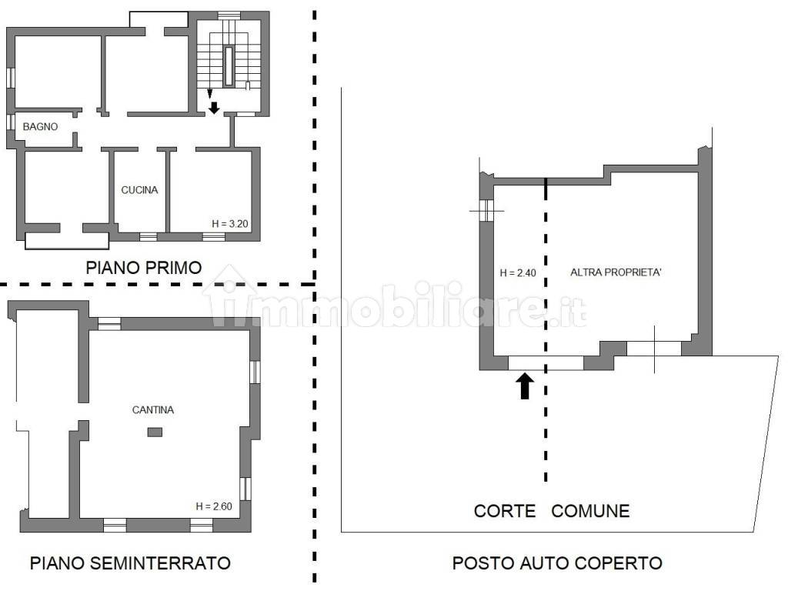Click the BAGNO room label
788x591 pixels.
click(x=40, y=127)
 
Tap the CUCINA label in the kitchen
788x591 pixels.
click(x=139, y=190)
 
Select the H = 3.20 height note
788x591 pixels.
click(x=229, y=224)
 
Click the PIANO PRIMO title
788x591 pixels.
click(x=144, y=267)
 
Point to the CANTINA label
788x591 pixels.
click(x=153, y=410)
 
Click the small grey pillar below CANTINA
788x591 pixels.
click(x=155, y=432)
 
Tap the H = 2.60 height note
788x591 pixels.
click(x=214, y=506)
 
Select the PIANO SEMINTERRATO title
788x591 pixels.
click(x=130, y=563)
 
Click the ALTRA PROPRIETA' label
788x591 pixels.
click(x=616, y=272)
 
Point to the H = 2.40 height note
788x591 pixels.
click(x=518, y=273)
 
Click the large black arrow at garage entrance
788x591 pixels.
click(x=525, y=386)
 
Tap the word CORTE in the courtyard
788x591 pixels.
click(x=505, y=511)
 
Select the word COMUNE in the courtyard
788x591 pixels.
click(x=590, y=511)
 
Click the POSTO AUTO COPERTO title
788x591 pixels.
click(x=557, y=563)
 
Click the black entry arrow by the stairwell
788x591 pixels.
click(x=214, y=108)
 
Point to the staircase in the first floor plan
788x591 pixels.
click(x=229, y=60)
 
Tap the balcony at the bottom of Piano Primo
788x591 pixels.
click(x=67, y=240)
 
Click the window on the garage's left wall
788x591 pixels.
click(x=486, y=211)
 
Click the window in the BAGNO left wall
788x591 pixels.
click(x=10, y=122)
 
